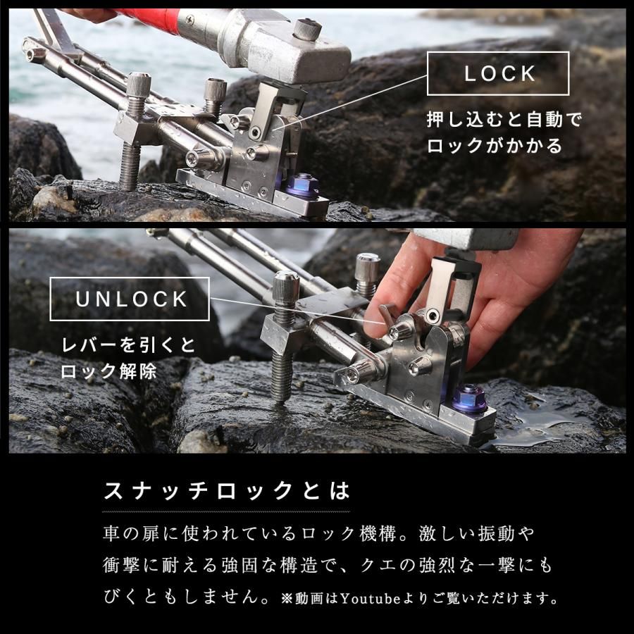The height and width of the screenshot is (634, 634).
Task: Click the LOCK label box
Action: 497,73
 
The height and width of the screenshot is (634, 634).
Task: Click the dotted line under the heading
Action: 225,511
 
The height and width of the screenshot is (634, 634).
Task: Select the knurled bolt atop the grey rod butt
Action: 307,29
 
